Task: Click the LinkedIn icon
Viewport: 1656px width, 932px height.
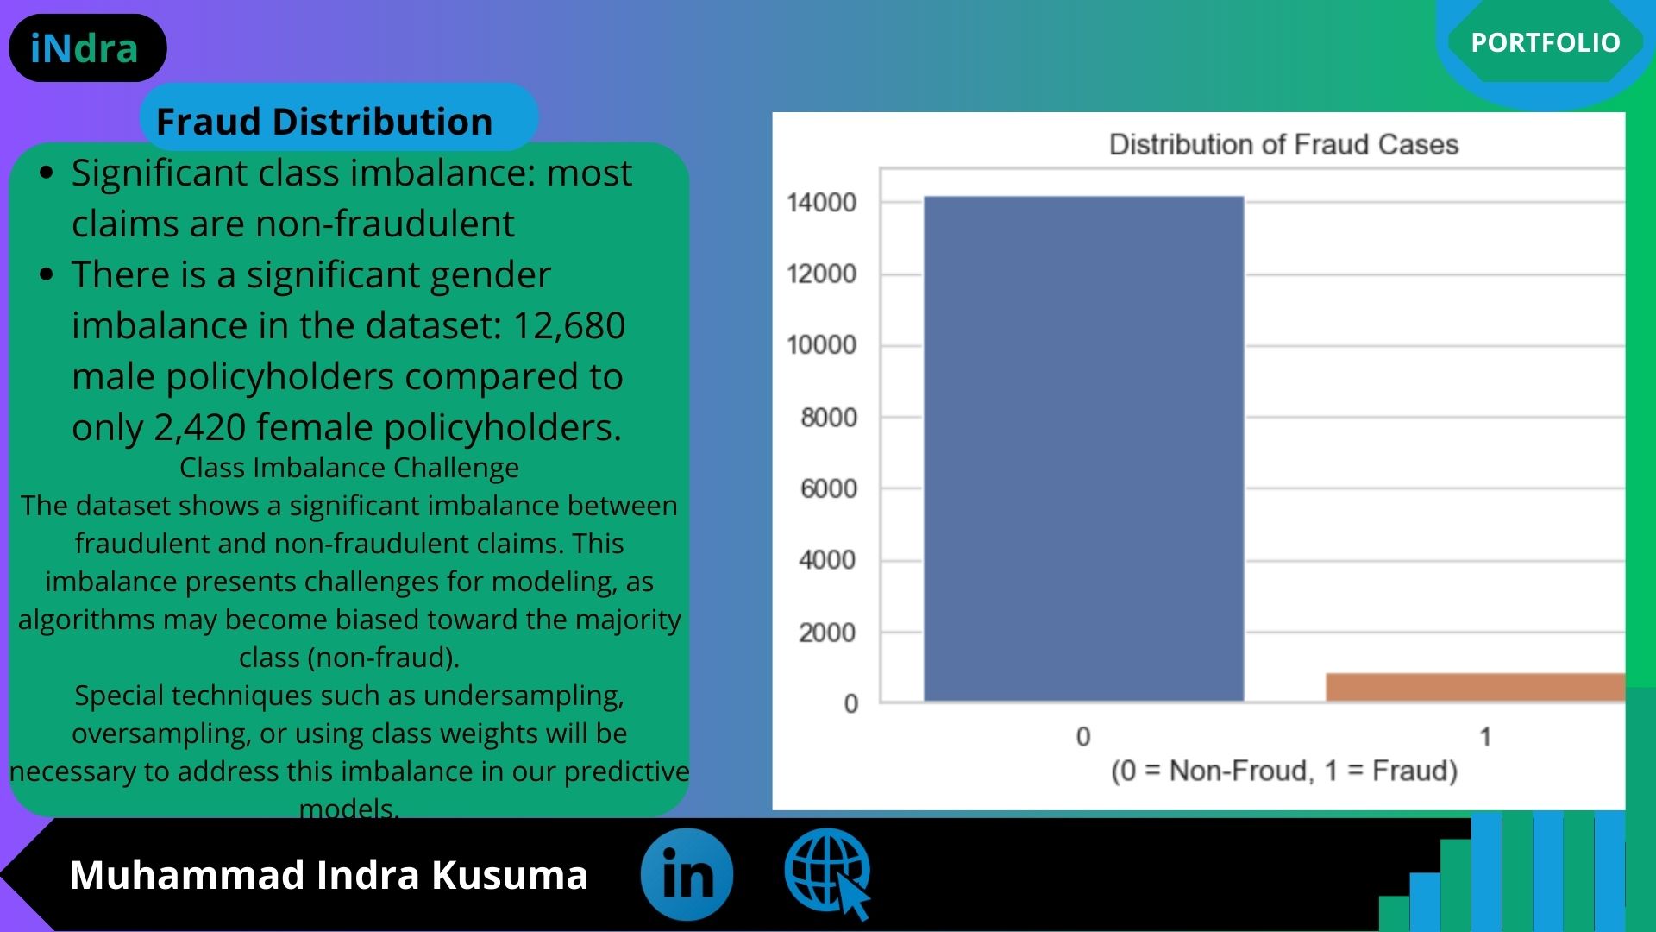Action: pyautogui.click(x=687, y=874)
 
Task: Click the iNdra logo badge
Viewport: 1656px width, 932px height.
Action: pyautogui.click(x=87, y=48)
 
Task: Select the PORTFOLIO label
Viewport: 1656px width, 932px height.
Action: pyautogui.click(x=1546, y=42)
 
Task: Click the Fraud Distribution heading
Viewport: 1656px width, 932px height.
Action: pyautogui.click(x=324, y=122)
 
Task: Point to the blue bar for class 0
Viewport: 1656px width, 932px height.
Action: pyautogui.click(x=1083, y=449)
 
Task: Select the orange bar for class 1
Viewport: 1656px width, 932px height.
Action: pyautogui.click(x=1475, y=688)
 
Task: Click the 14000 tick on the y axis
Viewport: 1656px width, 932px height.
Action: pyautogui.click(x=821, y=203)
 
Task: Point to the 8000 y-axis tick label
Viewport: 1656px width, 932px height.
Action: pyautogui.click(x=828, y=418)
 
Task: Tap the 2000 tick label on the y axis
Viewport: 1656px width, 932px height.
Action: pyautogui.click(x=827, y=633)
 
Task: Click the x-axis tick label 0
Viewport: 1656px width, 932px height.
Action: pyautogui.click(x=1083, y=737)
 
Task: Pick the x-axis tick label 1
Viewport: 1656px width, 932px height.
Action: pyautogui.click(x=1485, y=737)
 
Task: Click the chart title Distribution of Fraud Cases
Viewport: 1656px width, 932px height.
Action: pyautogui.click(x=1283, y=144)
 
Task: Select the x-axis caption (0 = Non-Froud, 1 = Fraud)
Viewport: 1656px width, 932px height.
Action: pyautogui.click(x=1284, y=771)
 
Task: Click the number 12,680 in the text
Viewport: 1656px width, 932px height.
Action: pyautogui.click(x=569, y=326)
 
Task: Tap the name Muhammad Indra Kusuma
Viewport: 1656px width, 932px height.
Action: pyautogui.click(x=329, y=875)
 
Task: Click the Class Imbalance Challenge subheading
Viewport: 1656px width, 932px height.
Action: pyautogui.click(x=349, y=468)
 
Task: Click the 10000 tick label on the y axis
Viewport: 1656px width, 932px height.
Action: pyautogui.click(x=821, y=345)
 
